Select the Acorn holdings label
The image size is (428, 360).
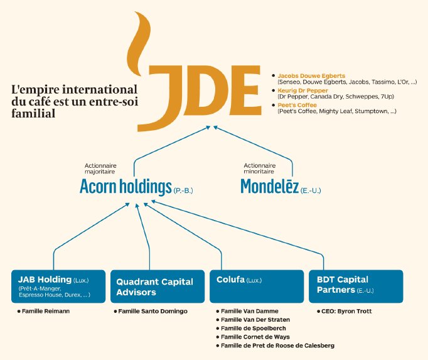126,187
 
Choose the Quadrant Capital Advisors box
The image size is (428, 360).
157,286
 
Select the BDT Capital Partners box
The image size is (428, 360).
355,286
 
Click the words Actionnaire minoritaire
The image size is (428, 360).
260,170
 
